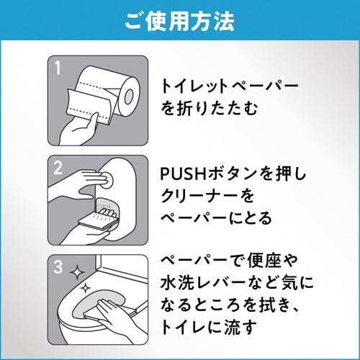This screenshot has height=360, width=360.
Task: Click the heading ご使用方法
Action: coord(180,22)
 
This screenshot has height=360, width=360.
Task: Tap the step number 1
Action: coord(58,68)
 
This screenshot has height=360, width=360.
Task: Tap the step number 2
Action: coord(58,168)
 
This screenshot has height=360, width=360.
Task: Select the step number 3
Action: coord(58,266)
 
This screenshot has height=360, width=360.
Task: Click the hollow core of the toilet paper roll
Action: coord(129,96)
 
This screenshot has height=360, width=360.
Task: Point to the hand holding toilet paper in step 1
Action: coord(79,129)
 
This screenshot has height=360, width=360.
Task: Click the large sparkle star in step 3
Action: coord(77,272)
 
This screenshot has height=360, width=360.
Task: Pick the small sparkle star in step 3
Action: coord(84,288)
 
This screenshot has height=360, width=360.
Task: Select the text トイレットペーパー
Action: coord(230,86)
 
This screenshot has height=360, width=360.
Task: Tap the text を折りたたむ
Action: coord(210,109)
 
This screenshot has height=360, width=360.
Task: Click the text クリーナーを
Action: coord(207,195)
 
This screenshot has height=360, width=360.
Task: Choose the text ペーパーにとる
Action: coord(216,217)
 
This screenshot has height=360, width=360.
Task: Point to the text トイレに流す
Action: coord(209,327)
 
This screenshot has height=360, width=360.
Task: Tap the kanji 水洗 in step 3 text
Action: coord(177,282)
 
